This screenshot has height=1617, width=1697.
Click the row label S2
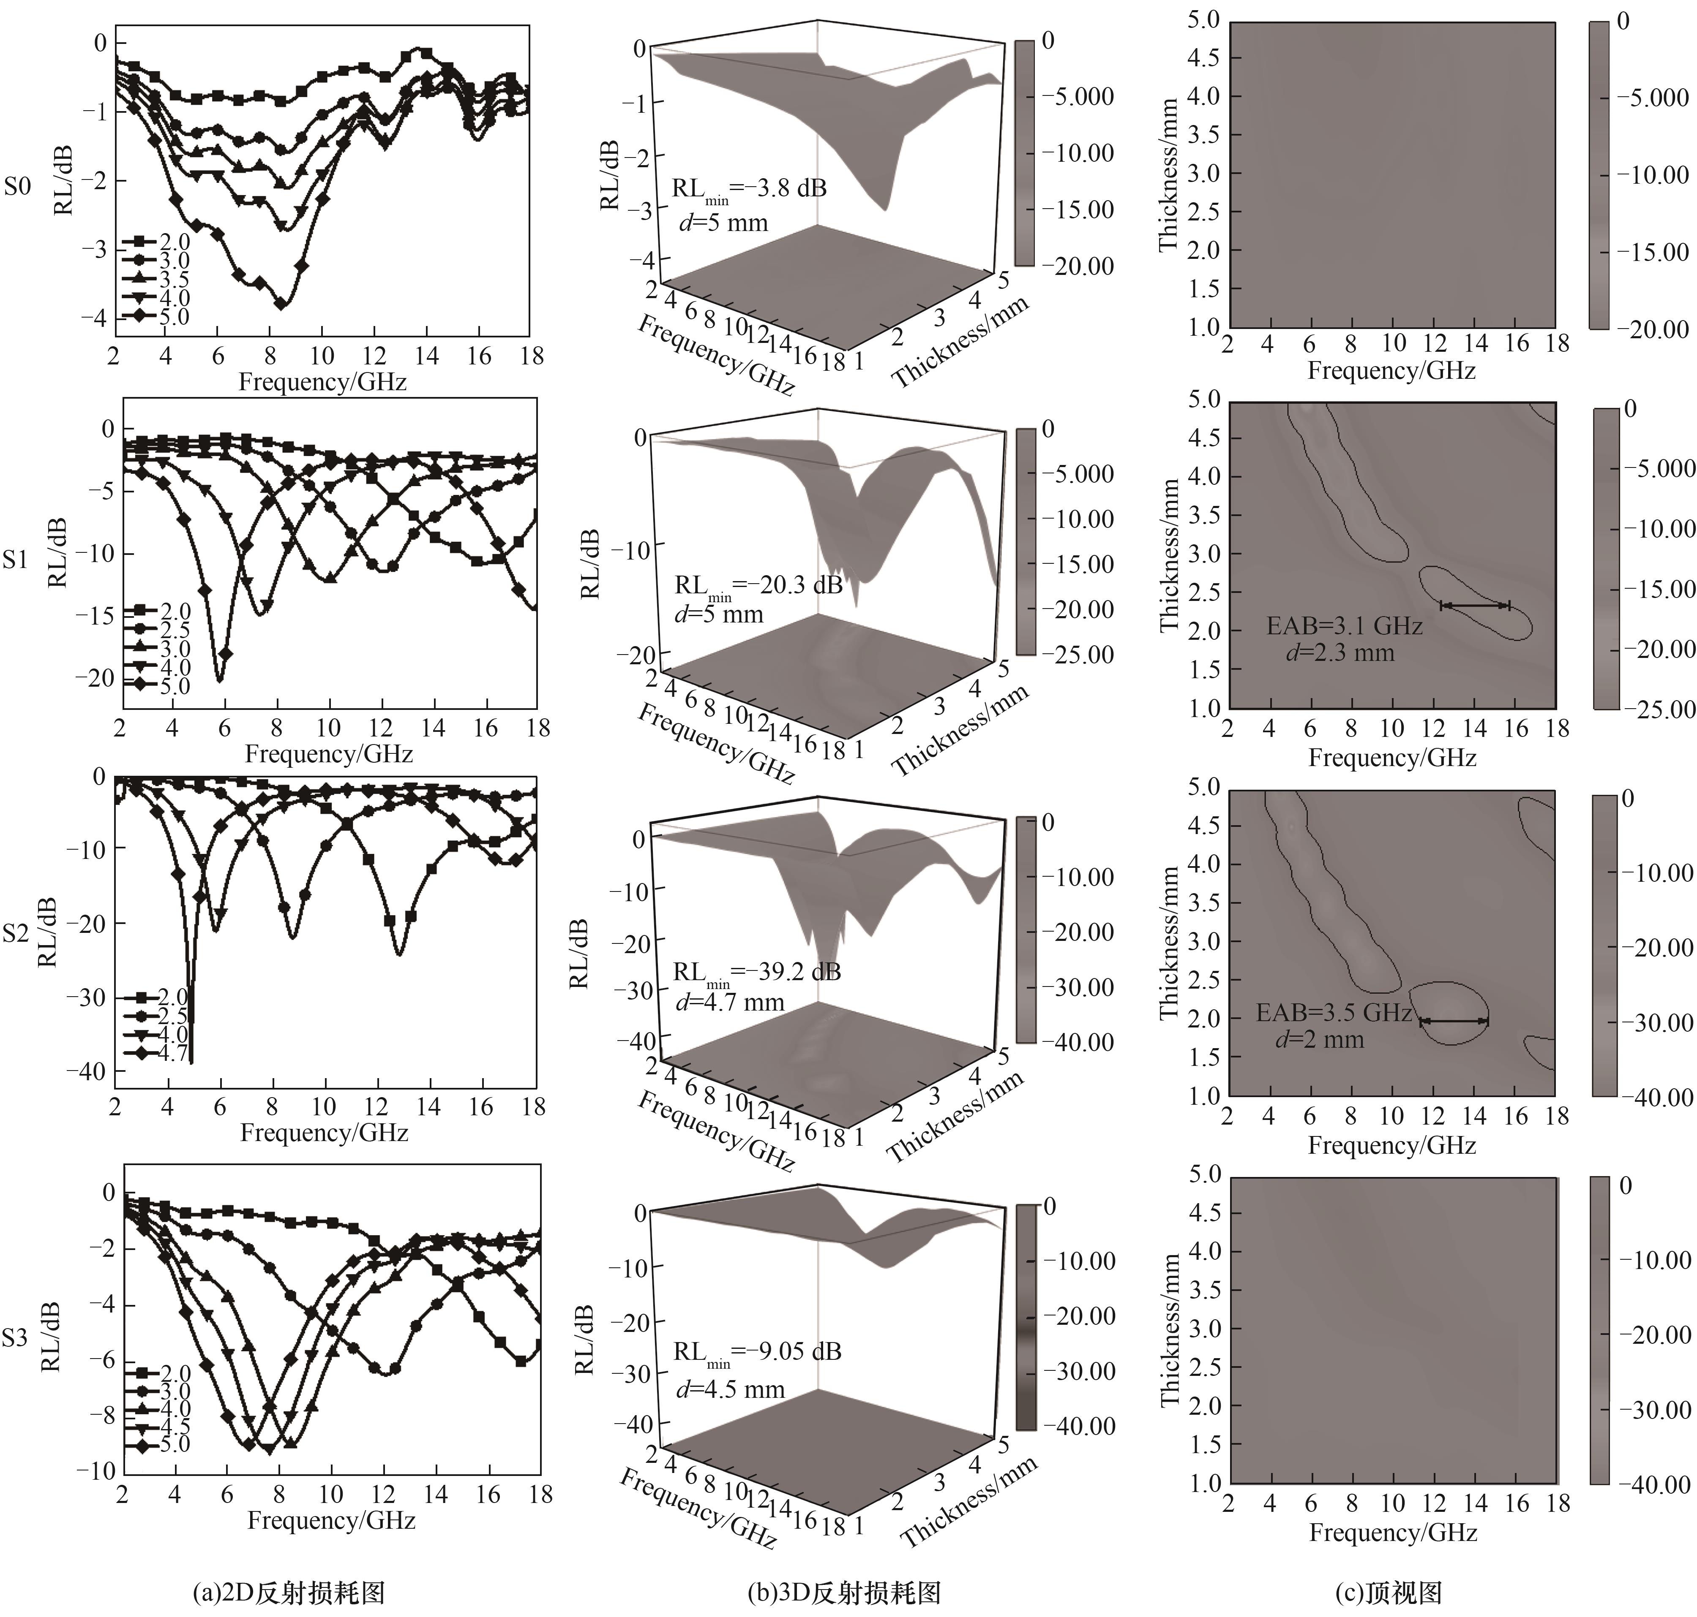[17, 933]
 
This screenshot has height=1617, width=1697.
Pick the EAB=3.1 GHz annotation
[1343, 626]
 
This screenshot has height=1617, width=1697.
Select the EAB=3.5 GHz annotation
[1333, 1013]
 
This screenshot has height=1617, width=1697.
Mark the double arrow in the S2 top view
[1454, 1022]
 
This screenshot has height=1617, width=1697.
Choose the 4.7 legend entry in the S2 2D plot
[172, 1053]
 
